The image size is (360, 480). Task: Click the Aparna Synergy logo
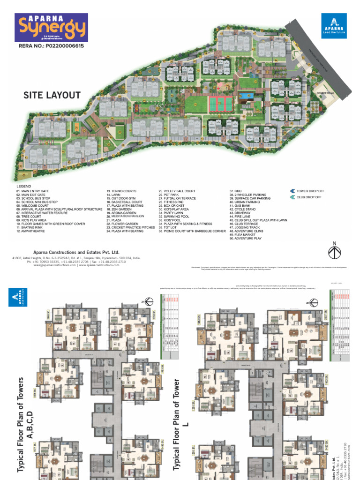coord(52,27)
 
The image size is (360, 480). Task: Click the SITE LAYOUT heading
coord(52,95)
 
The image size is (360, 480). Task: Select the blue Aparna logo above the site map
coord(334,26)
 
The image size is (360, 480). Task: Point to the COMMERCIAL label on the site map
coord(325,93)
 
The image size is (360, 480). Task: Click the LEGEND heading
coord(24,187)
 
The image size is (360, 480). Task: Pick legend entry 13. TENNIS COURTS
coord(121,191)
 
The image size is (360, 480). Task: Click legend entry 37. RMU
coord(235,191)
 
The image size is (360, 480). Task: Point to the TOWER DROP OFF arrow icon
coord(292,191)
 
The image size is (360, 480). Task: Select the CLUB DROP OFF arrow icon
coord(292,197)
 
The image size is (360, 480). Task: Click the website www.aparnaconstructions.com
coord(99,265)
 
